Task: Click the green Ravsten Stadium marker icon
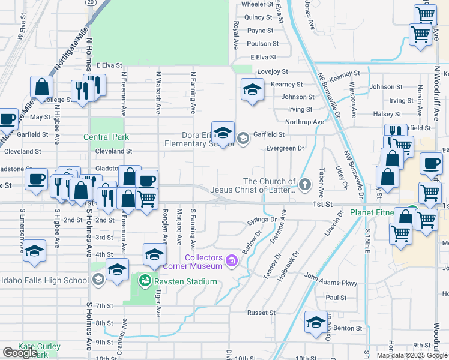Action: pyautogui.click(x=145, y=280)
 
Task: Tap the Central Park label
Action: pyautogui.click(x=107, y=137)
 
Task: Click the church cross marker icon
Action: pyautogui.click(x=305, y=184)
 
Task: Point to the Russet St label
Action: pyautogui.click(x=261, y=313)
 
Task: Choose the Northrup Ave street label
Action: pyautogui.click(x=304, y=122)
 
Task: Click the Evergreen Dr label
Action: pyautogui.click(x=286, y=148)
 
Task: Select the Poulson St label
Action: pyautogui.click(x=263, y=43)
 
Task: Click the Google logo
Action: pyautogui.click(x=20, y=352)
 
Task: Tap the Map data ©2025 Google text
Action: pyautogui.click(x=412, y=355)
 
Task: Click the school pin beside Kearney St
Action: pyautogui.click(x=252, y=90)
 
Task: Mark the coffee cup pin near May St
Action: pyautogui.click(x=7, y=118)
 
